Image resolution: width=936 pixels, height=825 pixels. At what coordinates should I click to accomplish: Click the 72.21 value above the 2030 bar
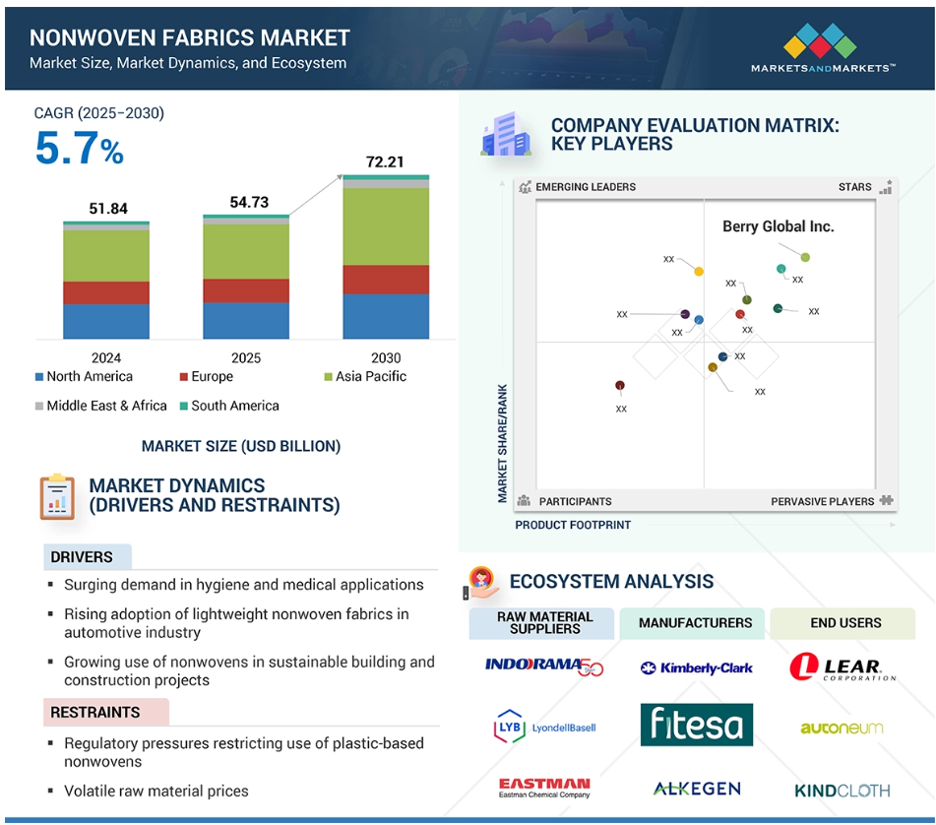tap(385, 161)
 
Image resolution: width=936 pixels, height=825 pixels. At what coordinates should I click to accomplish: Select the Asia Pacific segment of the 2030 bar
tap(386, 226)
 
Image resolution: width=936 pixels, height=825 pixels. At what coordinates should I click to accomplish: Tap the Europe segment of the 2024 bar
tap(106, 293)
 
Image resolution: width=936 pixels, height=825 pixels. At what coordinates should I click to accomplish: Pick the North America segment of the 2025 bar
tap(246, 321)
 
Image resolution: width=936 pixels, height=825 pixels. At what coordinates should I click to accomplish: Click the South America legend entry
tap(229, 406)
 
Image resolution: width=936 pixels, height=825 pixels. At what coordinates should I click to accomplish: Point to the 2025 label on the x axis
tap(246, 357)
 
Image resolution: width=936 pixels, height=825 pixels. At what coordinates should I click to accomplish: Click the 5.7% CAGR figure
tap(80, 148)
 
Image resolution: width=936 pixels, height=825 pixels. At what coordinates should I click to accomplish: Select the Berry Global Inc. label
tap(778, 226)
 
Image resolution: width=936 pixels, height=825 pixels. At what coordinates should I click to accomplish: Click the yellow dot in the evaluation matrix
tap(699, 272)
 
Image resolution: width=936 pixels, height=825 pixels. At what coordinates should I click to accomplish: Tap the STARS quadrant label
tap(855, 187)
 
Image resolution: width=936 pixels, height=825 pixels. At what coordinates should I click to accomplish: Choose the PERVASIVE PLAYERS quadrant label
tap(822, 501)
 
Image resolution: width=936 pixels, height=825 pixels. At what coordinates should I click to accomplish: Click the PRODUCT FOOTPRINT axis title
tap(573, 525)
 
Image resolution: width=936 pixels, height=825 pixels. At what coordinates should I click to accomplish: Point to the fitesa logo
tap(697, 725)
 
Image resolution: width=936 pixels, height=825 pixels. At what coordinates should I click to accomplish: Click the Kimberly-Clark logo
tap(696, 668)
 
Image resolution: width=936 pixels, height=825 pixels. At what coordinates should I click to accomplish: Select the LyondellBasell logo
tap(544, 727)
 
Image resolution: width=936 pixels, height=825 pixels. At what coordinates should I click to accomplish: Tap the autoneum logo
tap(842, 728)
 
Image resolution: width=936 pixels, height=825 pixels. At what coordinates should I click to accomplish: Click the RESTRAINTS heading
tap(94, 712)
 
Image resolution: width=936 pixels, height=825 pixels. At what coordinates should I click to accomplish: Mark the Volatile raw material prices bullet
tap(156, 791)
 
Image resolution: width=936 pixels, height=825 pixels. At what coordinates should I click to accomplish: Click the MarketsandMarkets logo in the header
tap(823, 48)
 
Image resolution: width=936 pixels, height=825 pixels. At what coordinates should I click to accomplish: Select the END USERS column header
tap(845, 622)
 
